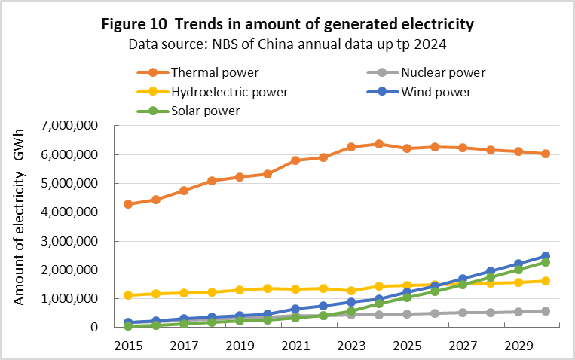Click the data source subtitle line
[287, 44]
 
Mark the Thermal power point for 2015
[128, 204]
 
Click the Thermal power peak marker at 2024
[378, 144]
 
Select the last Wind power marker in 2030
[545, 256]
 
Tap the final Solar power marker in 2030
[545, 262]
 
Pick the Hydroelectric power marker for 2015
[128, 295]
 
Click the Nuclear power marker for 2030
[545, 311]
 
